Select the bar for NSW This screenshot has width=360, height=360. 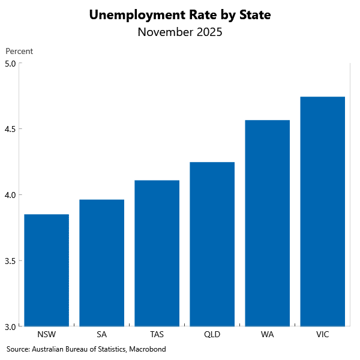point(46,270)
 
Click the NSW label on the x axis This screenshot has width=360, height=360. point(46,334)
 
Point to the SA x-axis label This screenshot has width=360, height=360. point(101,334)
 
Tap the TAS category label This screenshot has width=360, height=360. point(157,334)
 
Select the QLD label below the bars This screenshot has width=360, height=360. point(212,334)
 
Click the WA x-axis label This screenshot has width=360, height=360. point(267,334)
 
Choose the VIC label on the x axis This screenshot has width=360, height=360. point(322,334)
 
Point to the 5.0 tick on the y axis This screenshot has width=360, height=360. point(11,63)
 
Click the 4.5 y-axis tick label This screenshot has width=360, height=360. point(11,129)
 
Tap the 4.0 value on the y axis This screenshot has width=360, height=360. point(11,195)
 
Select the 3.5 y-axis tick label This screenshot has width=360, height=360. point(11,261)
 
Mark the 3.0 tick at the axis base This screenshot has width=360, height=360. point(11,326)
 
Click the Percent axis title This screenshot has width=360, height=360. point(19,52)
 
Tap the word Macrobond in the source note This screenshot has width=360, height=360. point(147,349)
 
